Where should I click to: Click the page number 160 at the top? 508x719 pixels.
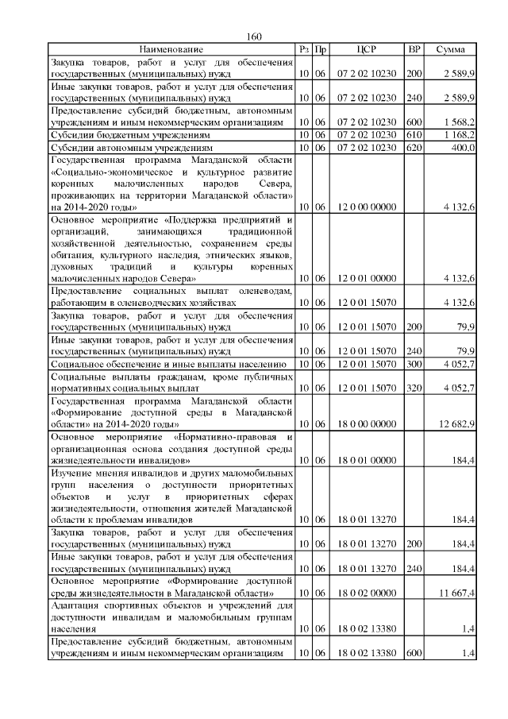(254, 37)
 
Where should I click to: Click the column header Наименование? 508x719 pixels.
(171, 50)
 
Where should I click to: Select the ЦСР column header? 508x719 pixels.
(366, 50)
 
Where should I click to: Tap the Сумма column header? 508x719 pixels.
(450, 50)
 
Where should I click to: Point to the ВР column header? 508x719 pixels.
(414, 50)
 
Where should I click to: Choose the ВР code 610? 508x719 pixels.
(414, 136)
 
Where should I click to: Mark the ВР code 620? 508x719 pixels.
(414, 148)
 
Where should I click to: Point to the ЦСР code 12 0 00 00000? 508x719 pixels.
(366, 207)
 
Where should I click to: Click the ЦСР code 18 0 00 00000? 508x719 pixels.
(366, 424)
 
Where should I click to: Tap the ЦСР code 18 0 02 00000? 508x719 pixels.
(366, 593)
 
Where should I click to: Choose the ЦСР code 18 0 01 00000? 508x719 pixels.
(366, 460)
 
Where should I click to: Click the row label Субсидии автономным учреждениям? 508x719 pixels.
(132, 148)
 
